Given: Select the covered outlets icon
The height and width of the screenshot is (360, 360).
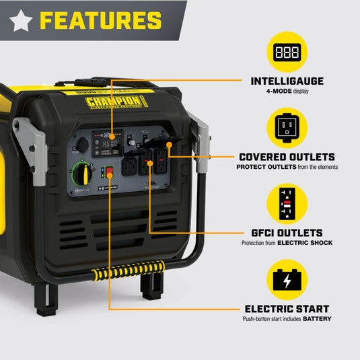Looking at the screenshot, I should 287,126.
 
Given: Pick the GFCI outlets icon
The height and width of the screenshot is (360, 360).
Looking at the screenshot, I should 287,202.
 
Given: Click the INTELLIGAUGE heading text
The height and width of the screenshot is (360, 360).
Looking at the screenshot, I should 287,81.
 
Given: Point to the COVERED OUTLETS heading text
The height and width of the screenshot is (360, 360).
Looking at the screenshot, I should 287,157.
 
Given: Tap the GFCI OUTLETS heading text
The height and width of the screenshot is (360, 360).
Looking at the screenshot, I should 287,232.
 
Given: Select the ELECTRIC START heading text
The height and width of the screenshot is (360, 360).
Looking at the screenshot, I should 287,309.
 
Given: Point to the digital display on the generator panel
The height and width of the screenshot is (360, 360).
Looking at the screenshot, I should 111,142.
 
